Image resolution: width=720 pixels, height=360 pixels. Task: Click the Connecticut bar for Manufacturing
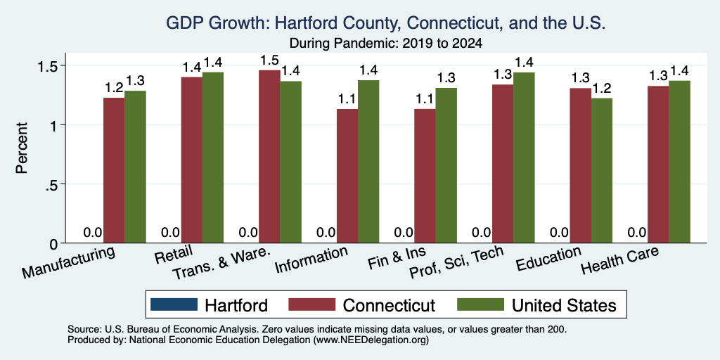pyautogui.click(x=114, y=170)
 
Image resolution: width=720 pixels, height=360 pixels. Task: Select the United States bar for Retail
pyautogui.click(x=213, y=157)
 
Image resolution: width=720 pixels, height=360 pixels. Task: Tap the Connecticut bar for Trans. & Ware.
pyautogui.click(x=269, y=157)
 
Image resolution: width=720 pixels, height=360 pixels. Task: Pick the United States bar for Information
pyautogui.click(x=368, y=162)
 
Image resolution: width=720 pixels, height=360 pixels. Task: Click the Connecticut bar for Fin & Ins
pyautogui.click(x=425, y=176)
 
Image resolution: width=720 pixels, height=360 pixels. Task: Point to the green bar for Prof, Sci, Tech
pyautogui.click(x=524, y=157)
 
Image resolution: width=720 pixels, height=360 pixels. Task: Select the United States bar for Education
pyautogui.click(x=602, y=170)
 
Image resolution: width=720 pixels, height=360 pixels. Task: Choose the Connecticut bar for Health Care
pyautogui.click(x=658, y=165)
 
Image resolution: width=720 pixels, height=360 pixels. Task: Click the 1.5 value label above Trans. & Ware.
pyautogui.click(x=269, y=60)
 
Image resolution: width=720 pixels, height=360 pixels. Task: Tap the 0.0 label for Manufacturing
pyautogui.click(x=93, y=232)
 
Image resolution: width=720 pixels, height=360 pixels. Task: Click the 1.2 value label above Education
pyautogui.click(x=602, y=88)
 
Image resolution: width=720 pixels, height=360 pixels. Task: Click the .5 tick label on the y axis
pyautogui.click(x=51, y=184)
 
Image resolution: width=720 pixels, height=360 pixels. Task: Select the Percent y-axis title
pyautogui.click(x=22, y=148)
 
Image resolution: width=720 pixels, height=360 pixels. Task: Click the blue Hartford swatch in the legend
pyautogui.click(x=174, y=304)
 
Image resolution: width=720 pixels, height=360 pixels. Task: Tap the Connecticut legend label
pyautogui.click(x=388, y=305)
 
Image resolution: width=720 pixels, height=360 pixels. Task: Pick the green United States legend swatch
pyautogui.click(x=480, y=304)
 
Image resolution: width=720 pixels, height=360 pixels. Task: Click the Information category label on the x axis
pyautogui.click(x=311, y=260)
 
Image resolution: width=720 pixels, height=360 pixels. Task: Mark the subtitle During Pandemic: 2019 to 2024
pyautogui.click(x=386, y=44)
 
